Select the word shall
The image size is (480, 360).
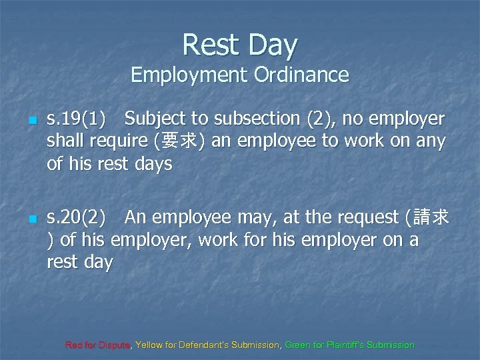[x=64, y=141]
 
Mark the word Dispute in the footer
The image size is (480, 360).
[x=115, y=345]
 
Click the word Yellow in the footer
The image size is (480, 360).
[x=148, y=345]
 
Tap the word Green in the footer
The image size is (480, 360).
[x=297, y=345]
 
